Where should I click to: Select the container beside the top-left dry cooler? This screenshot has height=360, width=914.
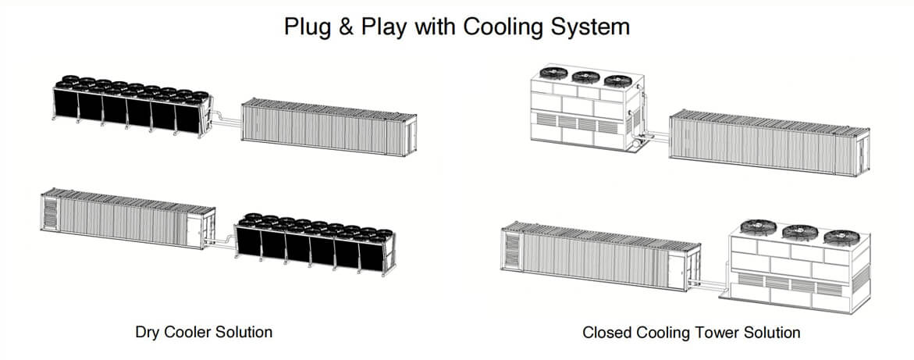[x=328, y=127]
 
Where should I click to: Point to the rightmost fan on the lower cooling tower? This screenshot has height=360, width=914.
[x=841, y=237]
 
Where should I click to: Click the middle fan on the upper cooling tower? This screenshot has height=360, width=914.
[x=585, y=76]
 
